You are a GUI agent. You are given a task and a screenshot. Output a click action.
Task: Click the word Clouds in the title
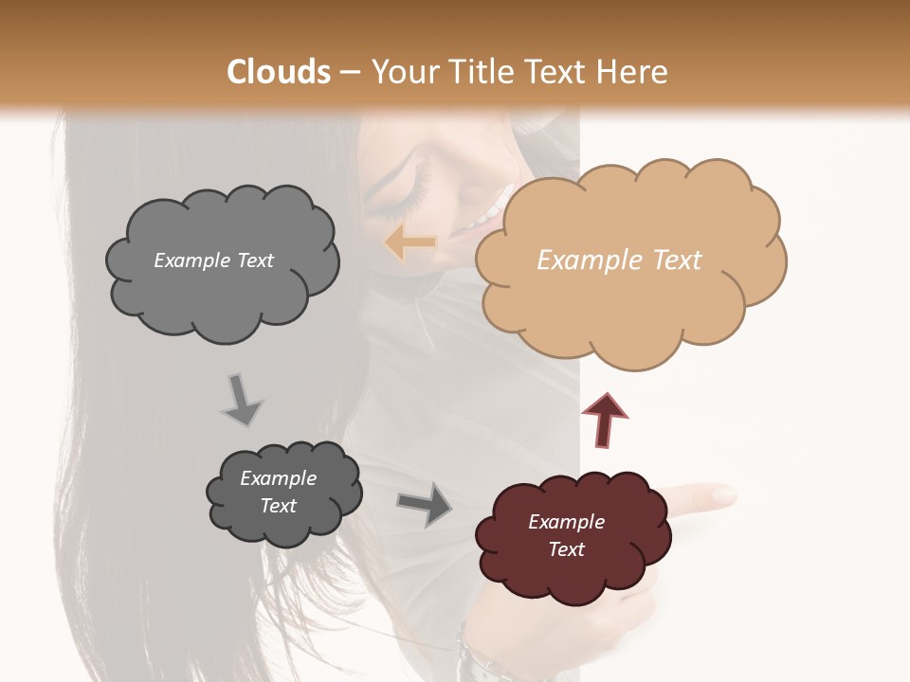280,72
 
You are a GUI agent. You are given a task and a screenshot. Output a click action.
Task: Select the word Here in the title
634,72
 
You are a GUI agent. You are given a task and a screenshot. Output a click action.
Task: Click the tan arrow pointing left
409,243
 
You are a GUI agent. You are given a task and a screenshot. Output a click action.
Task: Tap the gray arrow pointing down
241,399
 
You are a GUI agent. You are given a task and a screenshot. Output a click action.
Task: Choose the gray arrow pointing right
426,504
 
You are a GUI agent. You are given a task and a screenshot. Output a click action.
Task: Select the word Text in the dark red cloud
566,549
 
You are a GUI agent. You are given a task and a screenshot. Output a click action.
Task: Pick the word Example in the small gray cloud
279,478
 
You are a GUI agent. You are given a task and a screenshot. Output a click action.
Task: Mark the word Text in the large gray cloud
254,260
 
